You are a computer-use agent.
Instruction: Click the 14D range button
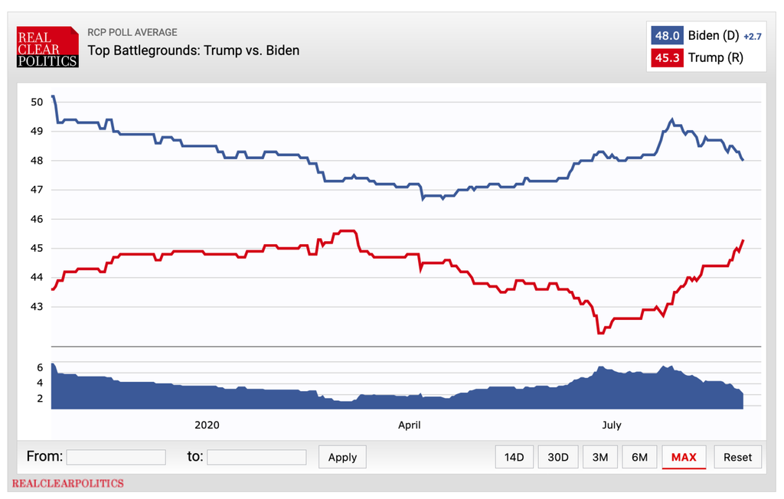pos(514,457)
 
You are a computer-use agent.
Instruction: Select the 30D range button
pos(558,457)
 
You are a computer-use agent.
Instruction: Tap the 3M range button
pos(600,457)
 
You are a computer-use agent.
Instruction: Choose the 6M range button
pos(640,457)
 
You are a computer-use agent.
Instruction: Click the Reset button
pos(737,457)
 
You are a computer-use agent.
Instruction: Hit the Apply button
pos(342,457)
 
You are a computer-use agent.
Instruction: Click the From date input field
pos(116,457)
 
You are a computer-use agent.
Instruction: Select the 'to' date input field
pos(256,457)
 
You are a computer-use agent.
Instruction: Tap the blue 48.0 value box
pos(666,35)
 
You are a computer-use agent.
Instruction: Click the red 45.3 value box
pos(666,57)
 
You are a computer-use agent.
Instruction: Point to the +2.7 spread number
pos(753,36)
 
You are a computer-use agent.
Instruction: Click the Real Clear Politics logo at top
pos(47,47)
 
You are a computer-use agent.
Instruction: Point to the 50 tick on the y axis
pos(37,102)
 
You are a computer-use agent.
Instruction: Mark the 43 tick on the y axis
pos(37,306)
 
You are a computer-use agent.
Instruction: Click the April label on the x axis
pos(409,425)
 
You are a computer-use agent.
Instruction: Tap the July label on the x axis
pos(611,425)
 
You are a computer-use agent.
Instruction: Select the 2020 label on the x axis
pos(207,425)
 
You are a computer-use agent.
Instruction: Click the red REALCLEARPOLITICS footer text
pos(67,484)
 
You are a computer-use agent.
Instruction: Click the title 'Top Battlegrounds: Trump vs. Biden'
pos(193,51)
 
